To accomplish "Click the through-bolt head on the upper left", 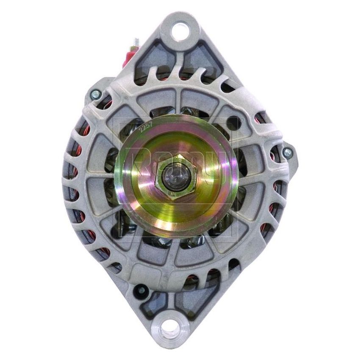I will click(95, 94).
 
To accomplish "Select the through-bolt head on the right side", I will click(287, 153).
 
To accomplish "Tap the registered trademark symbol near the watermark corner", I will click(241, 120).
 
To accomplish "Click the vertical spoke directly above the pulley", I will click(178, 102).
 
